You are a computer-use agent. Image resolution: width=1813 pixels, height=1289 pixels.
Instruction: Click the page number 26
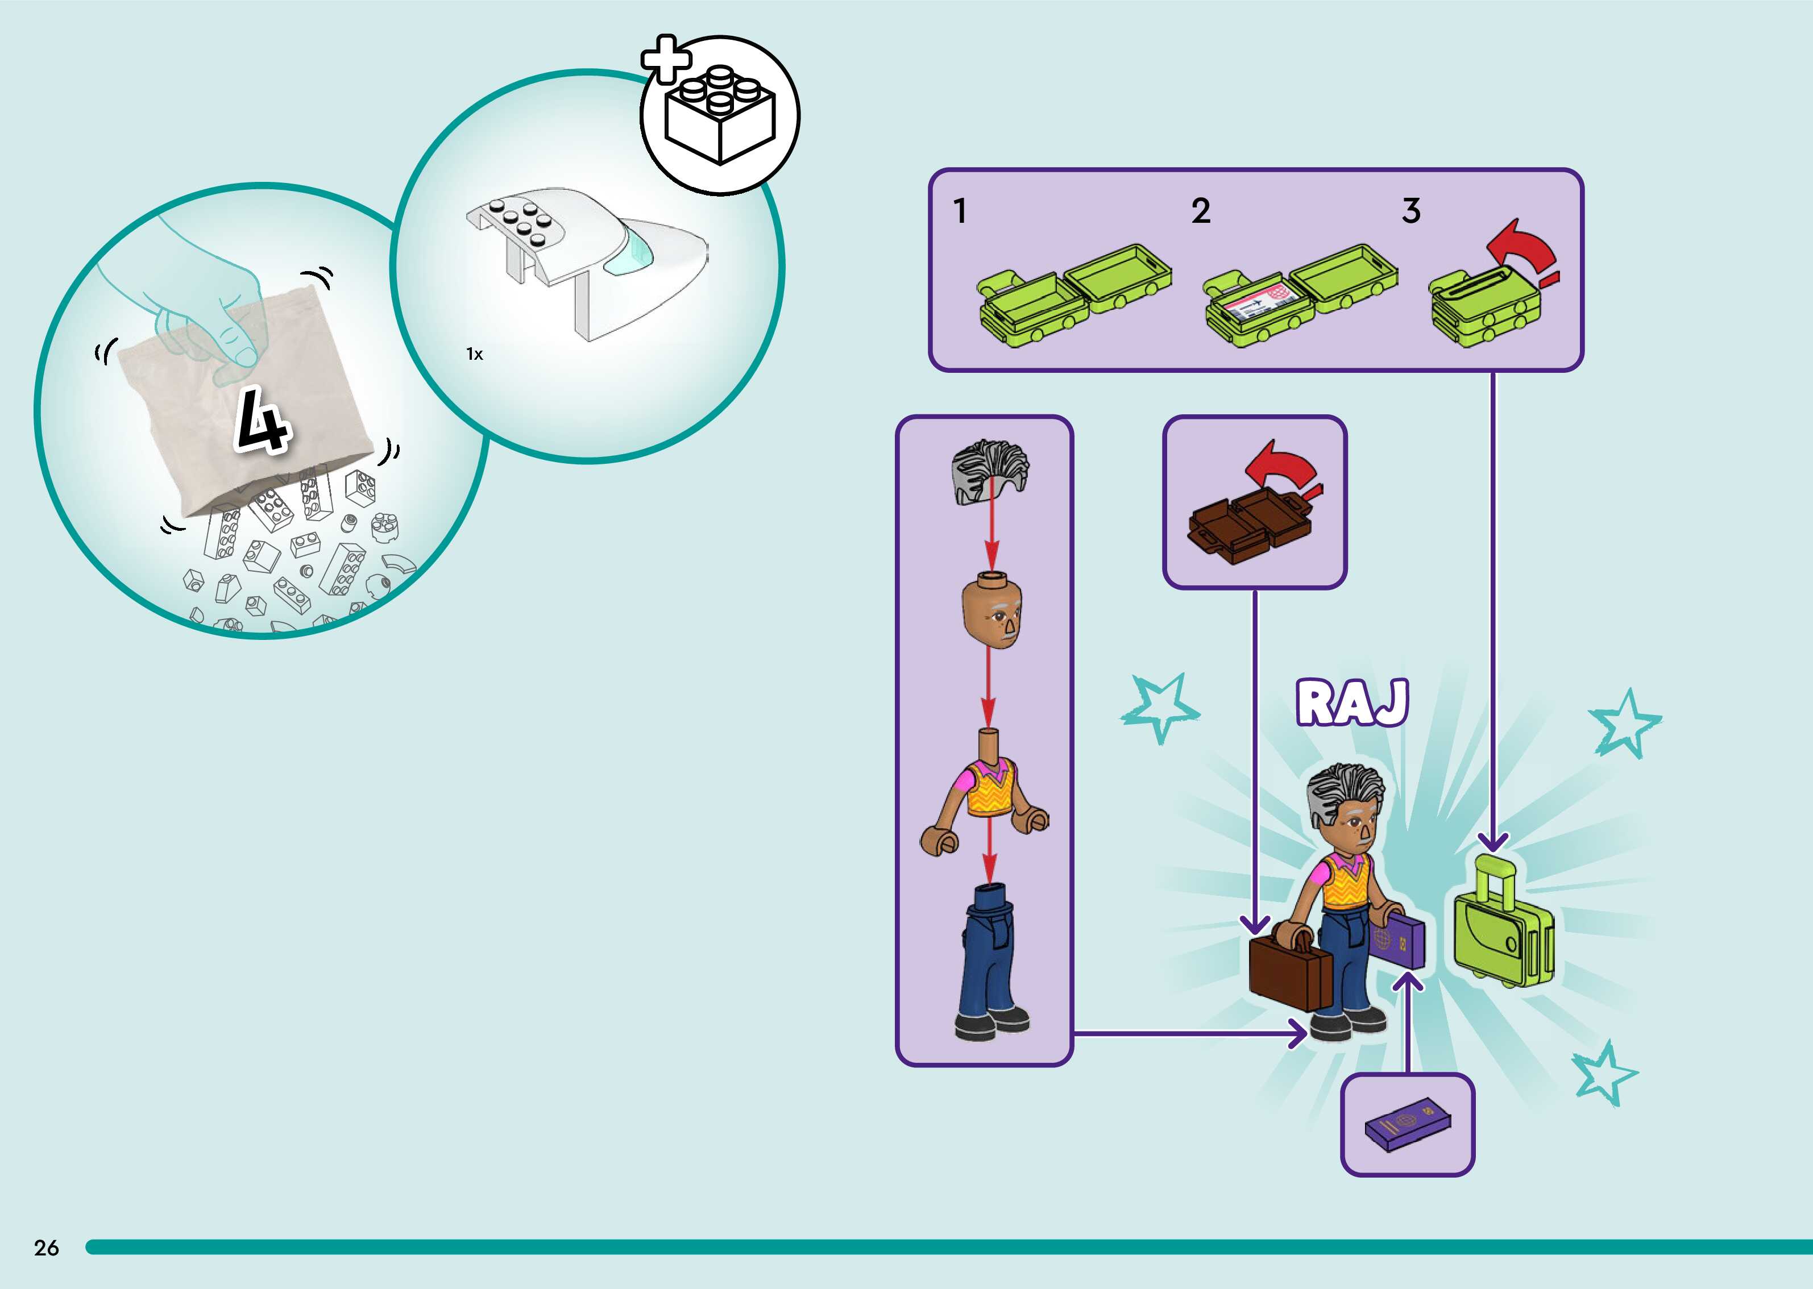[x=46, y=1247]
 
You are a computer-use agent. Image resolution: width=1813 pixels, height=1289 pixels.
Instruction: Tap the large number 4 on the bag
[x=262, y=421]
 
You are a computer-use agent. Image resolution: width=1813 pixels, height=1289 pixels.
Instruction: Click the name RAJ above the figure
[x=1352, y=702]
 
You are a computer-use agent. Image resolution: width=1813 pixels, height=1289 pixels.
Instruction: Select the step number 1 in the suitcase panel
[x=960, y=211]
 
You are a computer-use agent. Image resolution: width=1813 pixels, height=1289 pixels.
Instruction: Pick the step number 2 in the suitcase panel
[x=1200, y=211]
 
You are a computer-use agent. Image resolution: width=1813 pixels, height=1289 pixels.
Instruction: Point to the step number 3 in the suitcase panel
[x=1410, y=211]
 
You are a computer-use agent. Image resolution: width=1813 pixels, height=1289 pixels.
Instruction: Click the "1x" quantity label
[x=475, y=354]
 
